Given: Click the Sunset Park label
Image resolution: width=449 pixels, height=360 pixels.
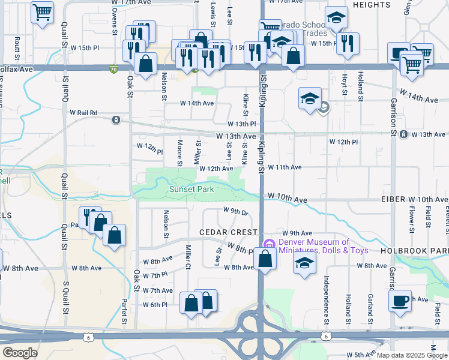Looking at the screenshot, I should (191, 189).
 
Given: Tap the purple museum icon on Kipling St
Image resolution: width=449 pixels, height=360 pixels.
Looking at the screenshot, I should (268, 244).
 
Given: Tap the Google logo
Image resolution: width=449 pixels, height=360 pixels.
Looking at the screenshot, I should (20, 353).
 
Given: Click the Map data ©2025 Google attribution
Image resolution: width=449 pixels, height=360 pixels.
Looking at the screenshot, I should (411, 355).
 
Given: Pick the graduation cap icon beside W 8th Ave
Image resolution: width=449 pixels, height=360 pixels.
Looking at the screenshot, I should (305, 263).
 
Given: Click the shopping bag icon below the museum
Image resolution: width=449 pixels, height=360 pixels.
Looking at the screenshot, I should (265, 259).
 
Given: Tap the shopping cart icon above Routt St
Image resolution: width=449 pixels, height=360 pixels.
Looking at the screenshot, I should (42, 12).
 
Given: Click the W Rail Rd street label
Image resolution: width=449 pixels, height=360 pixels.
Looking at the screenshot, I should (83, 112).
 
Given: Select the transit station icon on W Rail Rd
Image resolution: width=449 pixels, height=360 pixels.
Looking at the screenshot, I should (116, 120).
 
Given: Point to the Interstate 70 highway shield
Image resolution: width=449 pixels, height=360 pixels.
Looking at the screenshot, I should (113, 69).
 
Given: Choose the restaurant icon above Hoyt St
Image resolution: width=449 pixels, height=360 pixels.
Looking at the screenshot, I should (348, 43).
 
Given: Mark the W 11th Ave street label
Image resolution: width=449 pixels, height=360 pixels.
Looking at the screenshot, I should (285, 167).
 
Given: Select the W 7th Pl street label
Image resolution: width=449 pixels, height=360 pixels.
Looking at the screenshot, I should (155, 275).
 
